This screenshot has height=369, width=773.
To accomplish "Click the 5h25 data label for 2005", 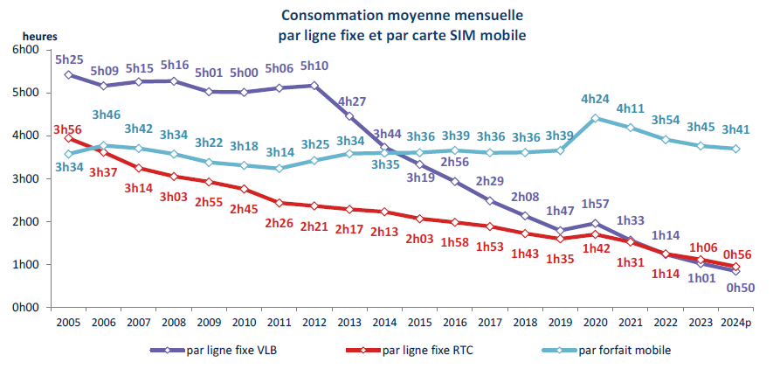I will point(70,60).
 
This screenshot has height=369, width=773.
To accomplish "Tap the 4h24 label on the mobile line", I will point(596,99).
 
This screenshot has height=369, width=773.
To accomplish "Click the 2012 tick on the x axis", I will point(315,323).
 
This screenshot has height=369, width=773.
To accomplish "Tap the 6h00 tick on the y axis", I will point(26,50).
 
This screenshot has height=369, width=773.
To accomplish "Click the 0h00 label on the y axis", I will point(26,308).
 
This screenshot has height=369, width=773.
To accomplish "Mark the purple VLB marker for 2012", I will point(315,86).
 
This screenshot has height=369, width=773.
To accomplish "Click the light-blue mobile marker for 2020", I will point(596,118).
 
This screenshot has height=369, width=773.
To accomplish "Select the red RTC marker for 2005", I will point(68,138).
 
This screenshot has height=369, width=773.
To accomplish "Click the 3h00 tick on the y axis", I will point(26,178).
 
